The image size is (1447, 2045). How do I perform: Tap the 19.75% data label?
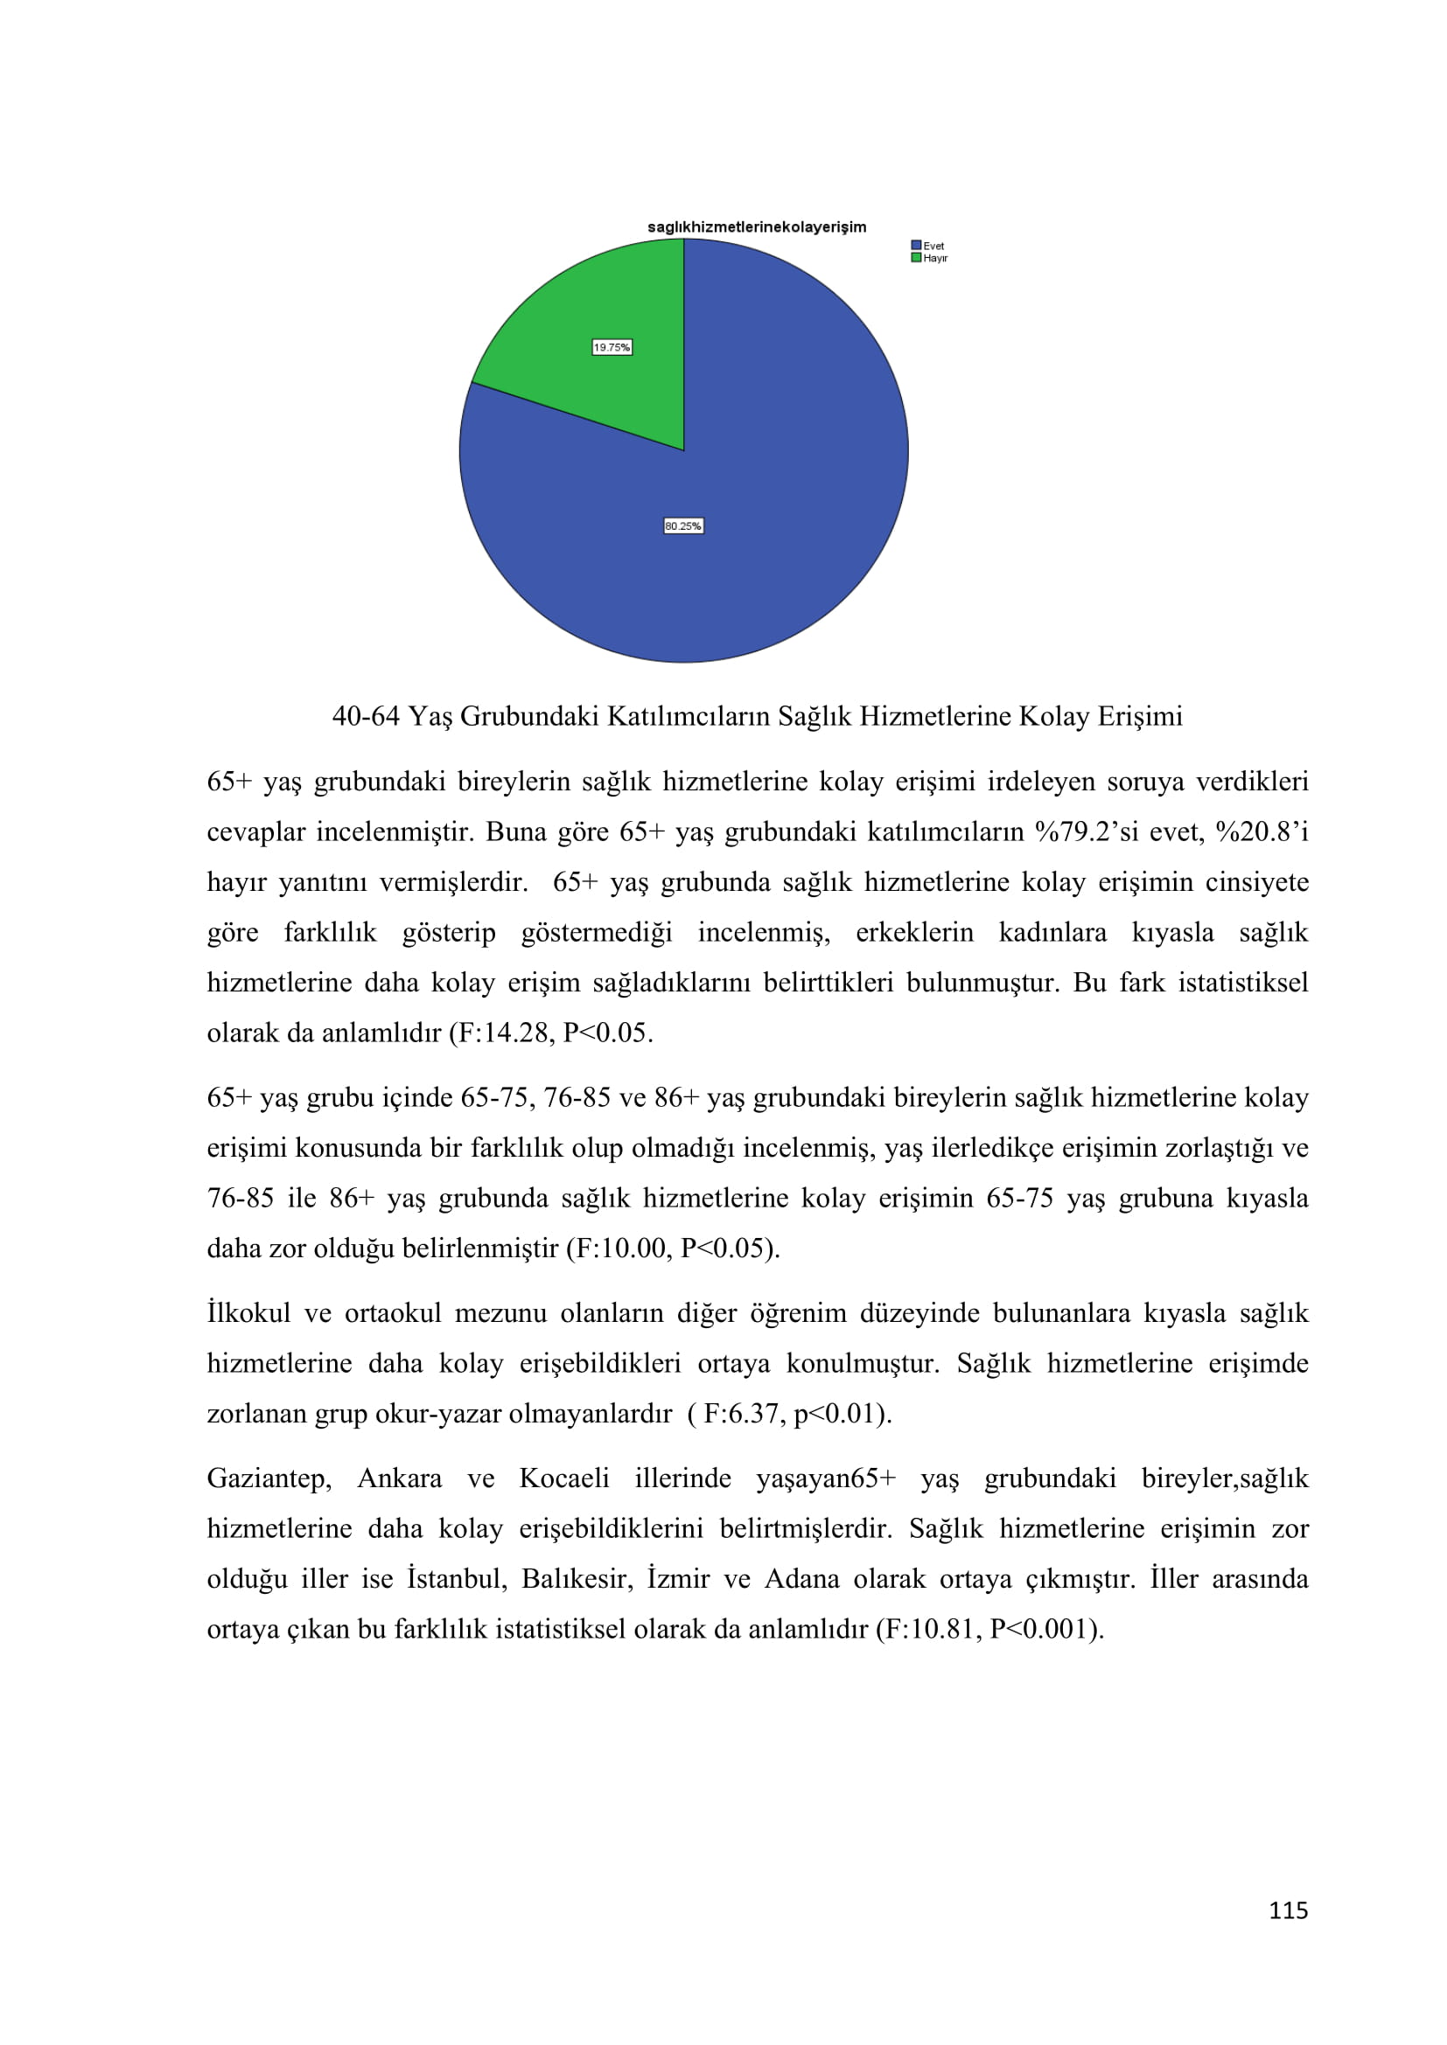(x=612, y=347)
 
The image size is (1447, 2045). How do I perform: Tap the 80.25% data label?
(x=683, y=526)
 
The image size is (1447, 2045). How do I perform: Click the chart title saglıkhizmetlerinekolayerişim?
(x=757, y=227)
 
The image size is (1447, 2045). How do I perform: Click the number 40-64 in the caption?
(x=366, y=716)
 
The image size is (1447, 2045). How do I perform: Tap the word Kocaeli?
(x=564, y=1478)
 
